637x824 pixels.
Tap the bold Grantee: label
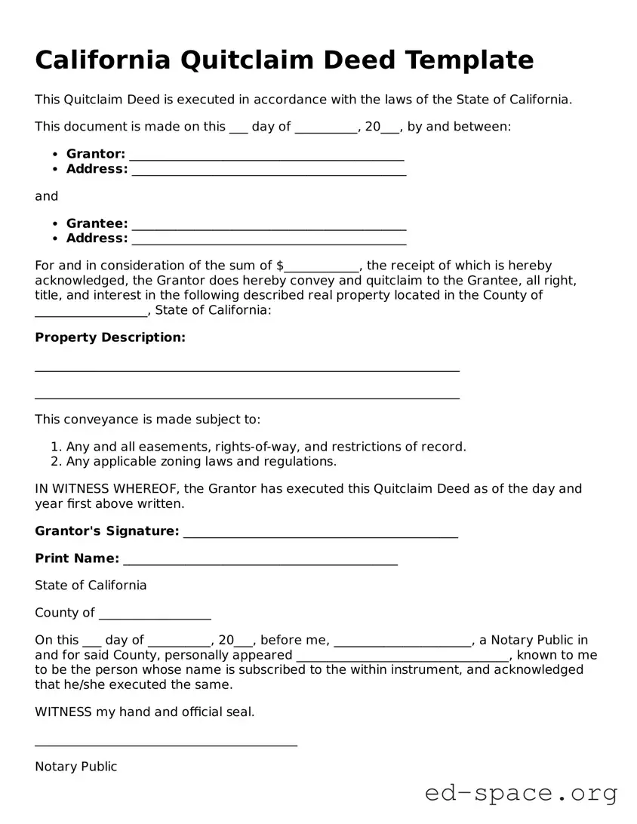coord(97,223)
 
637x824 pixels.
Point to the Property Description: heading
coord(110,337)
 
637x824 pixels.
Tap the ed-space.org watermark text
coord(521,793)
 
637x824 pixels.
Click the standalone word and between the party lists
coord(46,196)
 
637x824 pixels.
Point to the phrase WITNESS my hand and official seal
coord(144,712)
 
